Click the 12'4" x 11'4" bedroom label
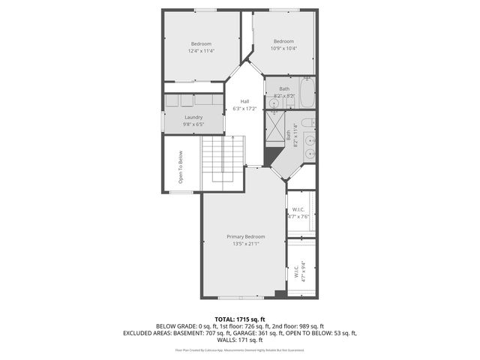tap(202, 46)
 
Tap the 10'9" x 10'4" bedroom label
tap(283, 45)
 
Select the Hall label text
tap(244, 105)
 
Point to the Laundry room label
tap(193, 121)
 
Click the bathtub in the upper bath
tap(307, 94)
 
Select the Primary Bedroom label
tap(246, 240)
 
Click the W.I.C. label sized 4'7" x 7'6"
tap(298, 212)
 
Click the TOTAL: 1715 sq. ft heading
tap(240, 319)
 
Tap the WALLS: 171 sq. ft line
tap(240, 340)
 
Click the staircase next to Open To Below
tap(223, 159)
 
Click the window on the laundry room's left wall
tap(161, 121)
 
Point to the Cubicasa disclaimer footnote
tap(240, 349)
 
